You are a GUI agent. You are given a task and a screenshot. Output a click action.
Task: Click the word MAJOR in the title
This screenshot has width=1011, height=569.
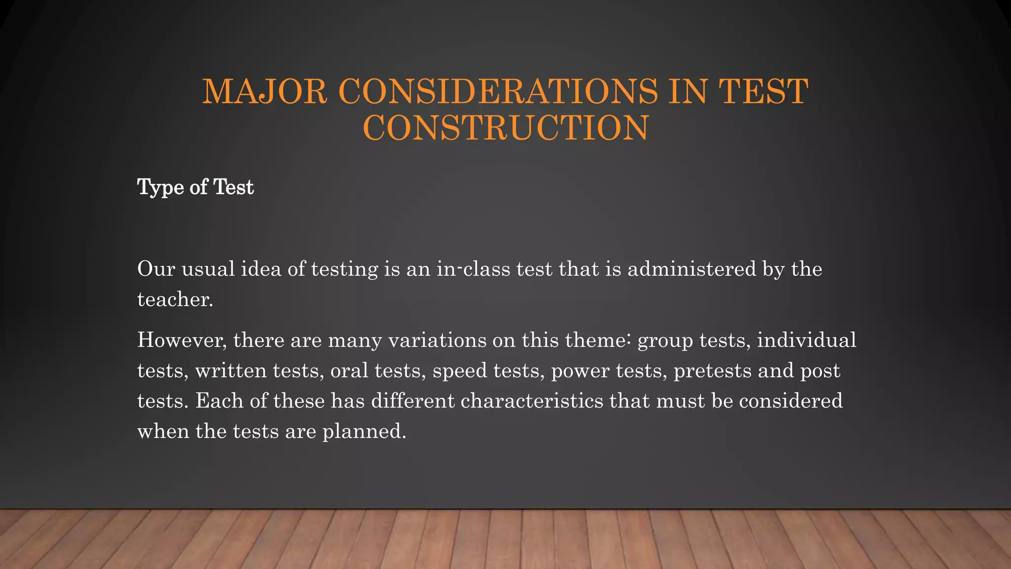pos(265,92)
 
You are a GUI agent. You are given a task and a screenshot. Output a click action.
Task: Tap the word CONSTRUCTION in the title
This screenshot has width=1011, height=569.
pos(505,128)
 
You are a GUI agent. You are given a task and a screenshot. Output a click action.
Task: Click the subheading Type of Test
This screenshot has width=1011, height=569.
pos(195,188)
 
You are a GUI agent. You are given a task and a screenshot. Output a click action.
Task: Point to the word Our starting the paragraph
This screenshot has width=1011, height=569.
pos(156,269)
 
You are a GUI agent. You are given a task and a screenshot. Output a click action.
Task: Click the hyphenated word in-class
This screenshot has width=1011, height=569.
pos(473,269)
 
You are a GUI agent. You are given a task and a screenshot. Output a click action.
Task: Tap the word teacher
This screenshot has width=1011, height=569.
pos(175,300)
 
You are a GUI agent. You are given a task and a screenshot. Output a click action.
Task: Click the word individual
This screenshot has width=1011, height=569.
pos(807,340)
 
